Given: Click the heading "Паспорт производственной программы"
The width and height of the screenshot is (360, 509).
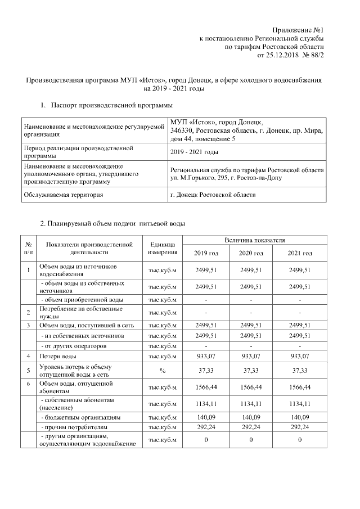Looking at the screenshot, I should click(111, 105).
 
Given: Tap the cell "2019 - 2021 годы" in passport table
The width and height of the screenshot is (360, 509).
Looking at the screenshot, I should click(194, 152).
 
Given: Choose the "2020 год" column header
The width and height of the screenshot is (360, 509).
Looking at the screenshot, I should click(251, 254).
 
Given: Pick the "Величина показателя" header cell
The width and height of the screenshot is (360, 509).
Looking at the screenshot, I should click(252, 240).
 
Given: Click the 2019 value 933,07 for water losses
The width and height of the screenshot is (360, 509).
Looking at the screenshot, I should click(206, 356).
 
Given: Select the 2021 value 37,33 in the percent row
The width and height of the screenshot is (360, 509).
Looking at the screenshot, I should click(300, 370).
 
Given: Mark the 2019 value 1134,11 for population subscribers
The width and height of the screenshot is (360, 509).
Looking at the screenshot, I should click(206, 403).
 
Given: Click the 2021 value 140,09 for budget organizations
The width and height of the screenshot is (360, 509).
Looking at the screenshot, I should click(300, 418).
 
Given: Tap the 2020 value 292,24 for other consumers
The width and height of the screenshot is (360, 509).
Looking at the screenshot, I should click(251, 427).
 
